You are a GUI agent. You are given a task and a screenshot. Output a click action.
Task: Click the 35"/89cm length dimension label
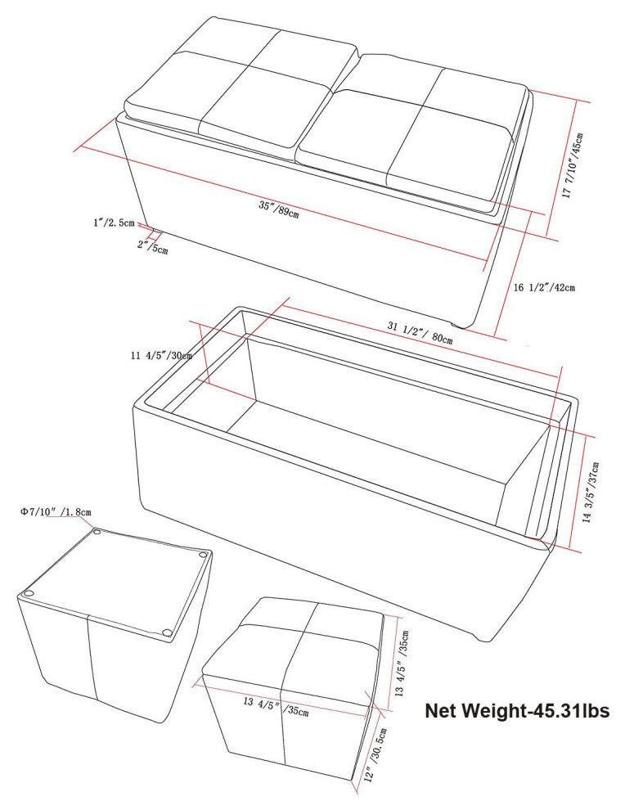pyautogui.click(x=278, y=209)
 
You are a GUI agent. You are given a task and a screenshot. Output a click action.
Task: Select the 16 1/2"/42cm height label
pyautogui.click(x=544, y=287)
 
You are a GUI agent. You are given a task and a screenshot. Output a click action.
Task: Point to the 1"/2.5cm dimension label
pyautogui.click(x=114, y=223)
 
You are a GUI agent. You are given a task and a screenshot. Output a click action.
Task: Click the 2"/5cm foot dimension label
pyautogui.click(x=152, y=246)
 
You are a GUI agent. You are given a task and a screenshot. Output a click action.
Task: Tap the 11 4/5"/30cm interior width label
pyautogui.click(x=161, y=355)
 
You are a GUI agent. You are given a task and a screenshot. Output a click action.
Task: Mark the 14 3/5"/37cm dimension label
pyautogui.click(x=591, y=493)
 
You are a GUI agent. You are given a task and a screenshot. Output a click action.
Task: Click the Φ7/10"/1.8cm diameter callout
pyautogui.click(x=56, y=512)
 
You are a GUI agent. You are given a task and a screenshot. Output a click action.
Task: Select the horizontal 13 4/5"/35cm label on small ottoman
pyautogui.click(x=276, y=706)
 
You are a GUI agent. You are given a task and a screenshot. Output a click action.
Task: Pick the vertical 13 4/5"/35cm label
pyautogui.click(x=402, y=664)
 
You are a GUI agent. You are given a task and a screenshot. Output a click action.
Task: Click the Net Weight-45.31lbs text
pyautogui.click(x=517, y=711)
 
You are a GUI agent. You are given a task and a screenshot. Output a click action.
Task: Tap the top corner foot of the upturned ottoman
pyautogui.click(x=97, y=532)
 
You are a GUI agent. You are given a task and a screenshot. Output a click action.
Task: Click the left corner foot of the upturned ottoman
pyautogui.click(x=29, y=593)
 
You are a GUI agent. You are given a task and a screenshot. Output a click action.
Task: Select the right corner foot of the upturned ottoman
pyautogui.click(x=203, y=555)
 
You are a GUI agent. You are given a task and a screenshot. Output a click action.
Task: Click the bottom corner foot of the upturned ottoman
pyautogui.click(x=166, y=632)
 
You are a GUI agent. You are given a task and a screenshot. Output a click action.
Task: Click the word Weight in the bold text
pyautogui.click(x=493, y=711)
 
